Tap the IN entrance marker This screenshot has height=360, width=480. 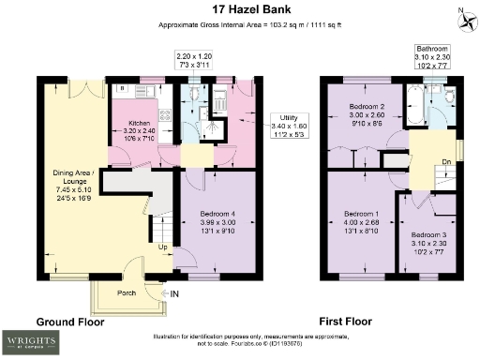pos(173,293)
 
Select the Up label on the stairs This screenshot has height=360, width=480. pos(163,247)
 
